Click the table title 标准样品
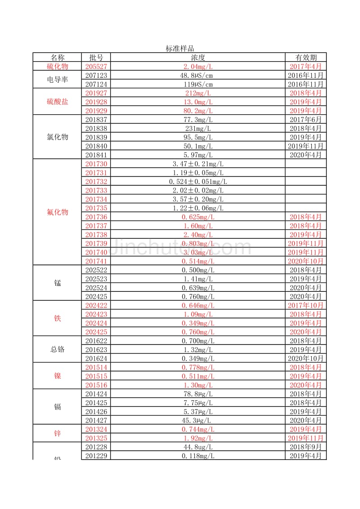tap(180, 49)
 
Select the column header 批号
tap(96, 58)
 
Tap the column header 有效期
tap(306, 58)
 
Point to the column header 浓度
tap(198, 58)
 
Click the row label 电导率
tap(57, 80)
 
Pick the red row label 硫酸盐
tap(57, 102)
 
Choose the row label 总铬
tap(57, 349)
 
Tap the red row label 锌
tap(57, 433)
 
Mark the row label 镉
tap(57, 407)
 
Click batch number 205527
tap(96, 66)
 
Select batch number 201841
tap(96, 155)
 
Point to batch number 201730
tap(96, 164)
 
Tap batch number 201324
tap(96, 429)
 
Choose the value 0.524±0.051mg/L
tap(198, 181)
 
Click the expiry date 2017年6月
tap(306, 119)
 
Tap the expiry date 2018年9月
tap(306, 447)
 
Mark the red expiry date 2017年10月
tap(306, 305)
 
